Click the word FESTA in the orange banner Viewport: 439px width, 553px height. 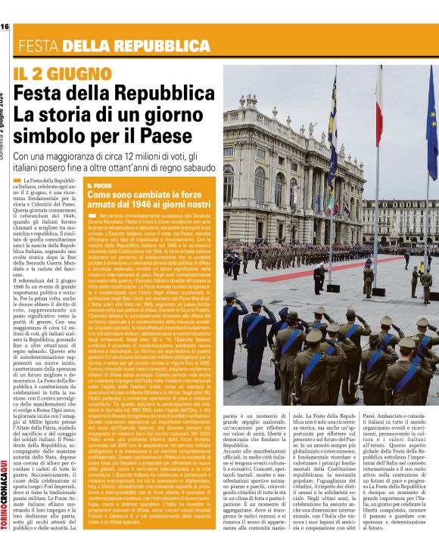[39, 46]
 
